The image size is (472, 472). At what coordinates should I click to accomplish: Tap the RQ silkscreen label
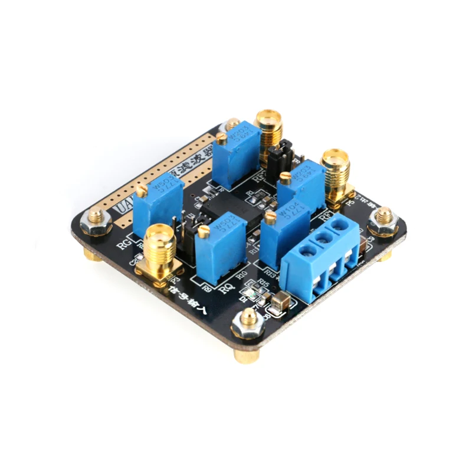(x=225, y=289)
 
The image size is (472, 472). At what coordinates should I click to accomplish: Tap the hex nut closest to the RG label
(x=94, y=222)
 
